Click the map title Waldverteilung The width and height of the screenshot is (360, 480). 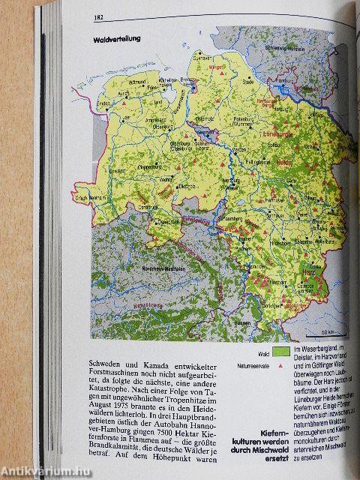tap(114, 39)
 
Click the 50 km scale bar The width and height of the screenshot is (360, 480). tap(328, 331)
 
